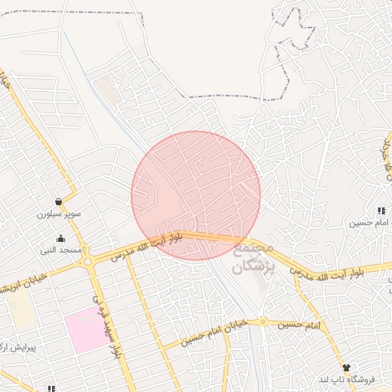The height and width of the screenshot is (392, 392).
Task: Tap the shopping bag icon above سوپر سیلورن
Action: click(x=59, y=202)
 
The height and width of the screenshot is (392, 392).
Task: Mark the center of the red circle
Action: click(x=196, y=195)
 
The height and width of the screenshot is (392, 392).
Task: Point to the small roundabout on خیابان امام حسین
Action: click(x=262, y=322)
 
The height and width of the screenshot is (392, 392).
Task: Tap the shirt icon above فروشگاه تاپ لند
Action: click(x=345, y=367)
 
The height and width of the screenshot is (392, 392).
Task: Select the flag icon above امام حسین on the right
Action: click(x=380, y=211)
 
